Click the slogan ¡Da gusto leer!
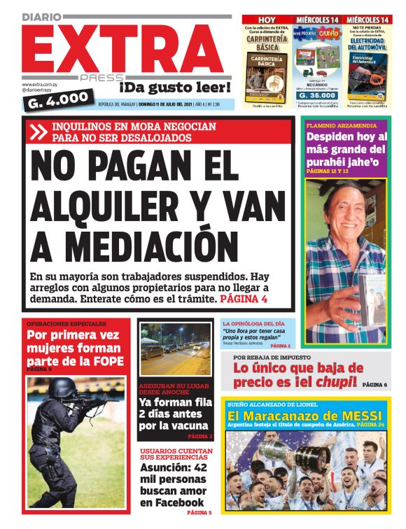(174, 87)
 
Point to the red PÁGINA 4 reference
(244, 299)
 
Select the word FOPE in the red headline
(105, 360)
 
